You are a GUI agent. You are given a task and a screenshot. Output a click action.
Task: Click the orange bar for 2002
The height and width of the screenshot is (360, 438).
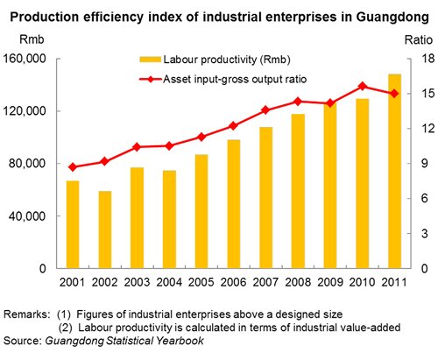[x=105, y=229]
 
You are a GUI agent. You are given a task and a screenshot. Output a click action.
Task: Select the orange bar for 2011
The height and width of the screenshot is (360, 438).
[x=394, y=171]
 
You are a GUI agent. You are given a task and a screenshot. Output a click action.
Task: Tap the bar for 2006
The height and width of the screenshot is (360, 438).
[x=234, y=204]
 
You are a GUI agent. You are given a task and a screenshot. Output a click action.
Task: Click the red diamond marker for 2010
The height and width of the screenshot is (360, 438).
[x=363, y=86]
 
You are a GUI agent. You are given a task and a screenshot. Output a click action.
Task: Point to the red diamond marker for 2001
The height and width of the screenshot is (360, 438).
[x=73, y=167]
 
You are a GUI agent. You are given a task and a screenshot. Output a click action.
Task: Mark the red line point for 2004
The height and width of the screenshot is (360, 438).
[x=169, y=146]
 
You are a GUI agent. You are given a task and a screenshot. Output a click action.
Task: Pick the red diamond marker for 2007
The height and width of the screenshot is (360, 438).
[x=265, y=110]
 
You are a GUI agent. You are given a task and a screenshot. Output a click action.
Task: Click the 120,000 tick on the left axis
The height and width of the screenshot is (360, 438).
[x=25, y=111]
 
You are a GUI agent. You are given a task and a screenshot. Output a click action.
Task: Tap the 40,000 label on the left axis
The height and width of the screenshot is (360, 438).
[x=27, y=215]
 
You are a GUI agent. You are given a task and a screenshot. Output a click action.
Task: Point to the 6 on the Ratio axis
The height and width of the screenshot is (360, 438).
[x=424, y=199]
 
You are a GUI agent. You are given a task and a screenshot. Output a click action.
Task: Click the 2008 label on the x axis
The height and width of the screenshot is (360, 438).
[x=298, y=282]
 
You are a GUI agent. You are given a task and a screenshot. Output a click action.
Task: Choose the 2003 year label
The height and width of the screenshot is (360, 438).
[x=137, y=282]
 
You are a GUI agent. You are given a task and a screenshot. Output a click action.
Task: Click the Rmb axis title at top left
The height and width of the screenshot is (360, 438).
[x=32, y=39]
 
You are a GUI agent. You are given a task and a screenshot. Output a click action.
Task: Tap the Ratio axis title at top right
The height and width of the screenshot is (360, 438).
[x=418, y=39]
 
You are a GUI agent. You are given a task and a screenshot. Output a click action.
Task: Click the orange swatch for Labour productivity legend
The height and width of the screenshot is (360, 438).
[x=150, y=60]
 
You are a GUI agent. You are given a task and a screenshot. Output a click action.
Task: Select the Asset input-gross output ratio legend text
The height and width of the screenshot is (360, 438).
[x=235, y=79]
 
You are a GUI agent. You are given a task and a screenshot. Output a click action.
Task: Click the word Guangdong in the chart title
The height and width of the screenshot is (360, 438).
[x=392, y=18]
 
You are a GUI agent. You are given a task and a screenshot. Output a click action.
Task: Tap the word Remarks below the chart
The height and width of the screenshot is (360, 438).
[x=25, y=314]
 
